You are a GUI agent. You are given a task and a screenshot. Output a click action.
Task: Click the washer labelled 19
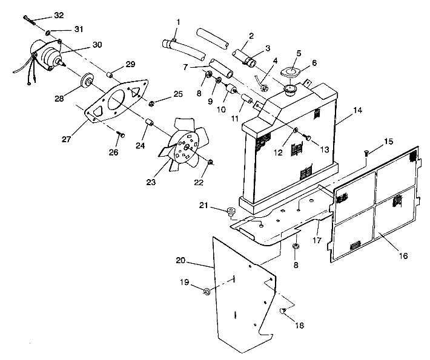[x=207, y=292]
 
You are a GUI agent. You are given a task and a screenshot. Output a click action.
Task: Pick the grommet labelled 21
[x=231, y=211]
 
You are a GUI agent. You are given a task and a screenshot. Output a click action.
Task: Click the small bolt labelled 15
[x=367, y=155]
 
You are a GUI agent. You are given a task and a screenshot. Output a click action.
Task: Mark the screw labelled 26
[x=121, y=135]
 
